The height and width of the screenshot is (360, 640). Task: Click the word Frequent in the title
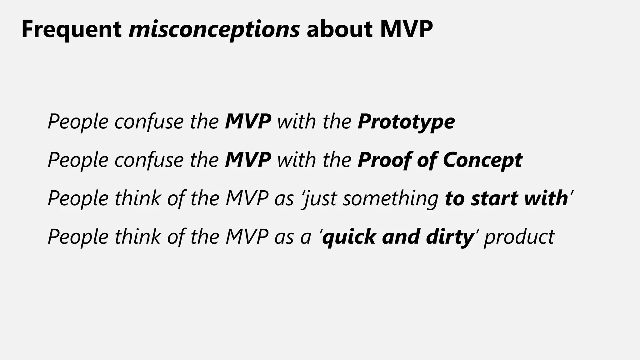point(72,29)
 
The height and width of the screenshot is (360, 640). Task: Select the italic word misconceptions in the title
point(214,29)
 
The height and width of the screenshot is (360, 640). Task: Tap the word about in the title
point(340,29)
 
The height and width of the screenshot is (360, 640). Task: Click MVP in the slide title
point(406,29)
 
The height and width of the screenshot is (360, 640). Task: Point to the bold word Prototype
point(406,122)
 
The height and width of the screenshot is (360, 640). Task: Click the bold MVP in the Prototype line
point(248,122)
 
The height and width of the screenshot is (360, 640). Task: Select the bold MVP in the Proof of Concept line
point(248,160)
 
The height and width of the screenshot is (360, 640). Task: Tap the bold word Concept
point(482,160)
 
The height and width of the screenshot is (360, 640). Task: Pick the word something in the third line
point(391,198)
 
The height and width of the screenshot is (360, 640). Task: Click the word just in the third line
point(320,198)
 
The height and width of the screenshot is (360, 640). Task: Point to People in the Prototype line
point(78,122)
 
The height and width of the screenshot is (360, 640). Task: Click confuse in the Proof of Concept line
point(149,160)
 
